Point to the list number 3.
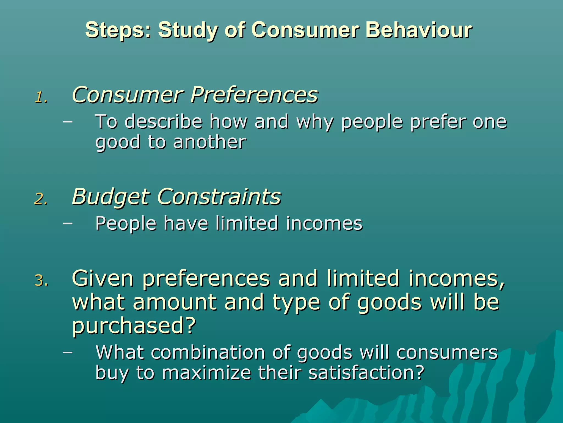41,281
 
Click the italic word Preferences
254,95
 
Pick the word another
209,142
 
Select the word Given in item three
103,278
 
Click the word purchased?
134,326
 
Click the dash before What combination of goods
68,352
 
